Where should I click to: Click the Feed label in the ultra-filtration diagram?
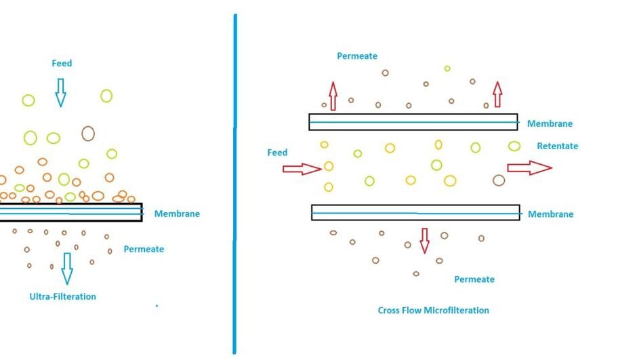[x=62, y=64]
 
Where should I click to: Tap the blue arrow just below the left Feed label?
[x=60, y=92]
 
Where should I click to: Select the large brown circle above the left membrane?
[x=87, y=133]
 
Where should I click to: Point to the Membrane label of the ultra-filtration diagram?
[x=177, y=214]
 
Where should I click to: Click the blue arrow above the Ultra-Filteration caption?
[x=66, y=268]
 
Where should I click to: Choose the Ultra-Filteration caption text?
[x=62, y=297]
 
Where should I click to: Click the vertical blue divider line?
[x=235, y=183]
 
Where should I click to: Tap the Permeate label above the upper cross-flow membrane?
[x=357, y=56]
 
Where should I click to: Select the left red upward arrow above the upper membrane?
[x=333, y=95]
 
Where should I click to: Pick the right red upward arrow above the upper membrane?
[x=497, y=94]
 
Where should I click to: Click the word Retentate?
[x=557, y=146]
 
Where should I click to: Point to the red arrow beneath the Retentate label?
[x=529, y=167]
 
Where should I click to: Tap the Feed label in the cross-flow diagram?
[x=277, y=153]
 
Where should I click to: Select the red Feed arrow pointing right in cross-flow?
[x=302, y=168]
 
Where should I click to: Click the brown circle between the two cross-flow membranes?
[x=499, y=180]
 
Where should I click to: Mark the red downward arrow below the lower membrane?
[x=424, y=241]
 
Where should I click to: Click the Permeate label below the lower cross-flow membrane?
[x=474, y=279]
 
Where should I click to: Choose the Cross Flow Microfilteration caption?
[x=433, y=311]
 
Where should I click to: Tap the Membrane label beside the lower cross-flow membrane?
[x=550, y=214]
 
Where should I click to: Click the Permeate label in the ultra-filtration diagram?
[x=144, y=249]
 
